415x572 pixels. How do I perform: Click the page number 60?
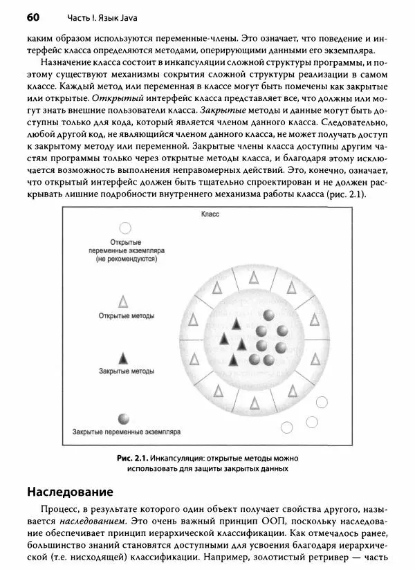tap(34, 16)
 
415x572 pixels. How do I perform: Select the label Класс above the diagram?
tap(210, 215)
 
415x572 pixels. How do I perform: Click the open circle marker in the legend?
tap(125, 228)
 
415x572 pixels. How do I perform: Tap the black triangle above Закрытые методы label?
tap(124, 358)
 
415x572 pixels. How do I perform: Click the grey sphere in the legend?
tap(124, 418)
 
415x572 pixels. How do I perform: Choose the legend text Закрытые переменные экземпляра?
tap(127, 432)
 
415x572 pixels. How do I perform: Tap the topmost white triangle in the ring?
tap(253, 277)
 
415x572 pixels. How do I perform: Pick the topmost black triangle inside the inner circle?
tap(236, 323)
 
